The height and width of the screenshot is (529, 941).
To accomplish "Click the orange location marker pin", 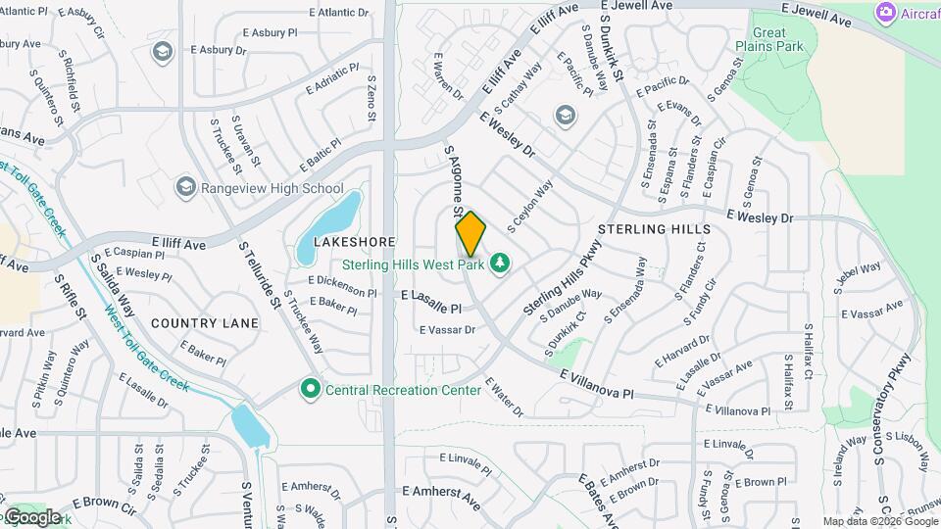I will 470,233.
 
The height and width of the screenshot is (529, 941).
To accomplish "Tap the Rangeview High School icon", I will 185,186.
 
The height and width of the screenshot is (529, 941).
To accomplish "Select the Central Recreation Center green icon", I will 312,390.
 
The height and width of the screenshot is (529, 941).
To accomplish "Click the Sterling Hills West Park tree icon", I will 500,264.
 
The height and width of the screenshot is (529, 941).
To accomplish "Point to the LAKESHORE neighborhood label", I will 354,241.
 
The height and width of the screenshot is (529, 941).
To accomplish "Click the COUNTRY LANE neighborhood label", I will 204,322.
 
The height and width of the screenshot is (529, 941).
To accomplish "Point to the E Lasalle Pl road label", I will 430,294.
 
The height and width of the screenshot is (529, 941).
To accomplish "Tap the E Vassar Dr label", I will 447,330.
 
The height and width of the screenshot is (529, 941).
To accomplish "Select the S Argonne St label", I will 454,181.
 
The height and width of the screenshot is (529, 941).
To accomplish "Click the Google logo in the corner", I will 32,516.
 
